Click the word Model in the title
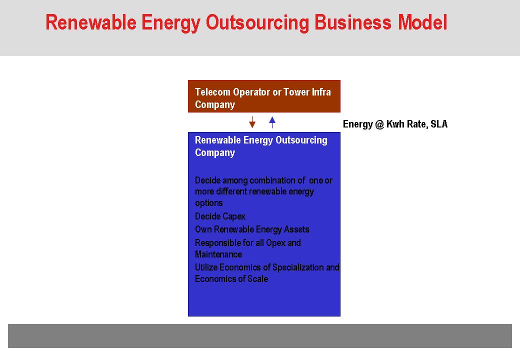[x=422, y=22]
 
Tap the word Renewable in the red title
[x=91, y=22]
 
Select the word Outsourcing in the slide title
[x=257, y=23]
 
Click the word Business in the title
[x=353, y=22]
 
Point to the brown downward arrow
[x=252, y=122]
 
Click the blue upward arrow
[x=272, y=122]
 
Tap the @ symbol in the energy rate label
[x=379, y=124]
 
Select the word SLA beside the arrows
[x=439, y=124]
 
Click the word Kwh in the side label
[x=395, y=124]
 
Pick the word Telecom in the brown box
[x=212, y=92]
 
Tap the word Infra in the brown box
[x=321, y=92]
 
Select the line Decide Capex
[x=220, y=216]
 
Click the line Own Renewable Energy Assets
[x=252, y=229]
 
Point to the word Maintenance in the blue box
[x=218, y=254]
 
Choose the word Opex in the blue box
[x=275, y=243]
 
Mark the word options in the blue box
[x=209, y=203]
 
